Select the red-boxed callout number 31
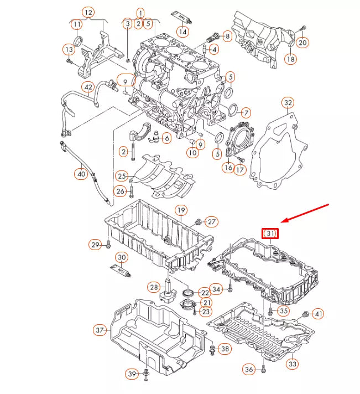[x=270, y=234]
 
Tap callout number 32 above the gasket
[x=288, y=102]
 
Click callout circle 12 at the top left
[x=88, y=12]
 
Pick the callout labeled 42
[x=88, y=87]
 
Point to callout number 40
[x=81, y=174]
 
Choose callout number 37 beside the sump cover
[x=100, y=330]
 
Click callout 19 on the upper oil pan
[x=180, y=210]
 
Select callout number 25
[x=122, y=176]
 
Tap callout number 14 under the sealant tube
[x=183, y=32]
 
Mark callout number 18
[x=291, y=58]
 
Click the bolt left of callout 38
[x=212, y=349]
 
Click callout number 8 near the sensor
[x=227, y=36]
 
